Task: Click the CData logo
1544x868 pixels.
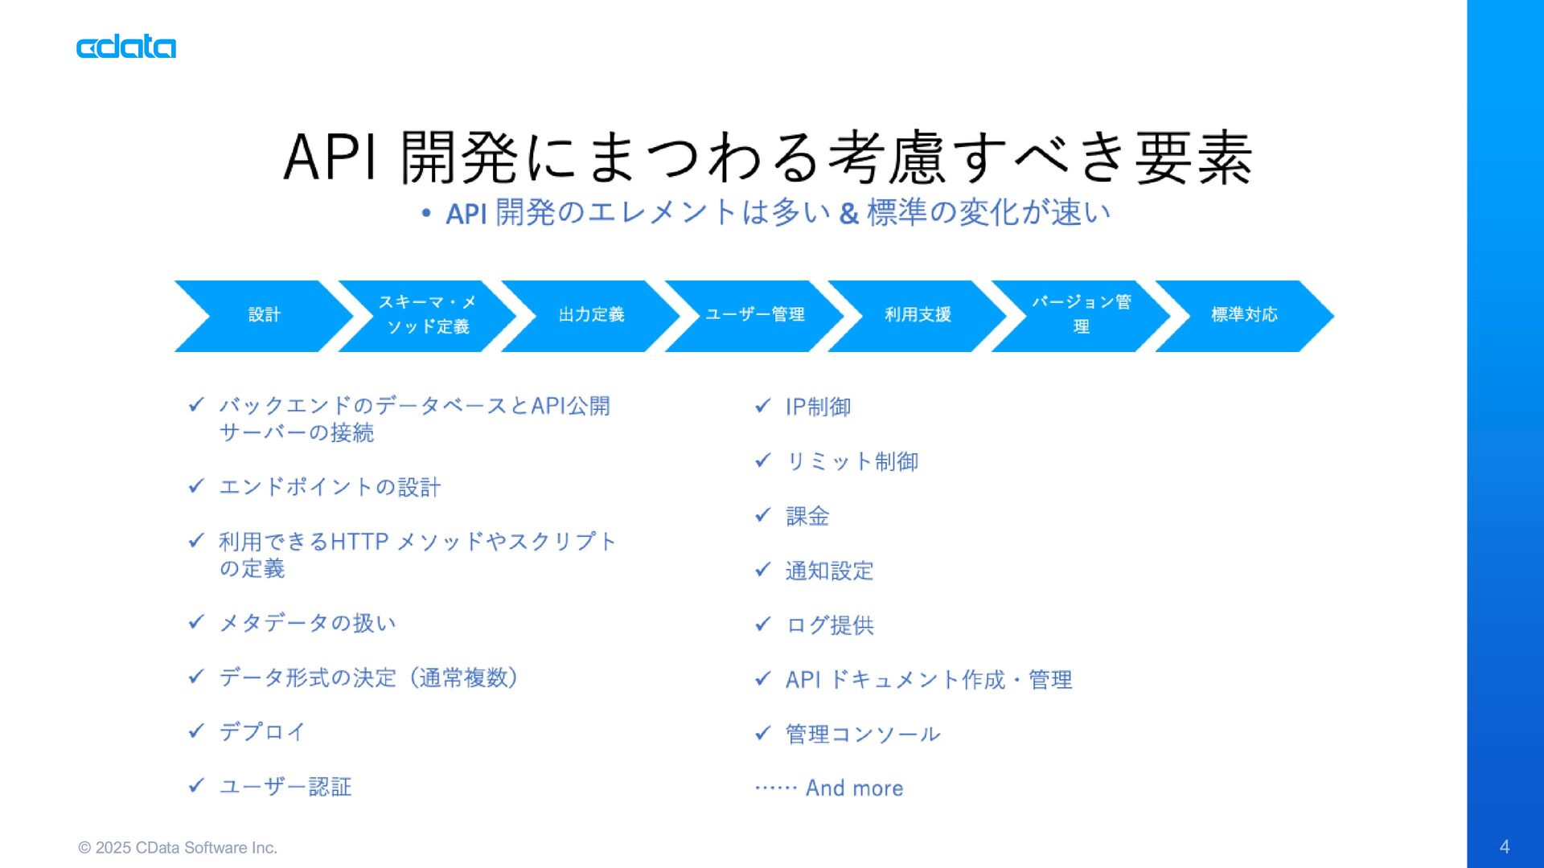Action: pos(126,47)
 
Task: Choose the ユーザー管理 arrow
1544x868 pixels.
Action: pos(754,315)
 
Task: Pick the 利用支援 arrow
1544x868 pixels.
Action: pos(918,315)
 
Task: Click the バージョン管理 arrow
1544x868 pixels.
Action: pos(1081,315)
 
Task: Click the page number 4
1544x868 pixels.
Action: pos(1504,846)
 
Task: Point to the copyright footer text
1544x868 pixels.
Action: pos(178,848)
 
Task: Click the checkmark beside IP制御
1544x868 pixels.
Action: pos(762,406)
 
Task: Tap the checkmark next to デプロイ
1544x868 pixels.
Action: pos(196,731)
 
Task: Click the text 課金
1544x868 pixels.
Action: pos(807,516)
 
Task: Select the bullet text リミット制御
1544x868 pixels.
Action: pos(852,461)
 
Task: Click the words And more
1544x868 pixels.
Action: pos(854,788)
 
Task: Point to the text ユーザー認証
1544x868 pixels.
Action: pos(285,786)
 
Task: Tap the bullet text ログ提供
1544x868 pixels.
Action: pos(830,625)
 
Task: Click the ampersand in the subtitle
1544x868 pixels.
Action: pos(848,214)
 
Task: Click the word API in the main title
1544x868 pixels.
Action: pos(331,157)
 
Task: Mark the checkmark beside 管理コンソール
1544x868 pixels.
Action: pos(762,733)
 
